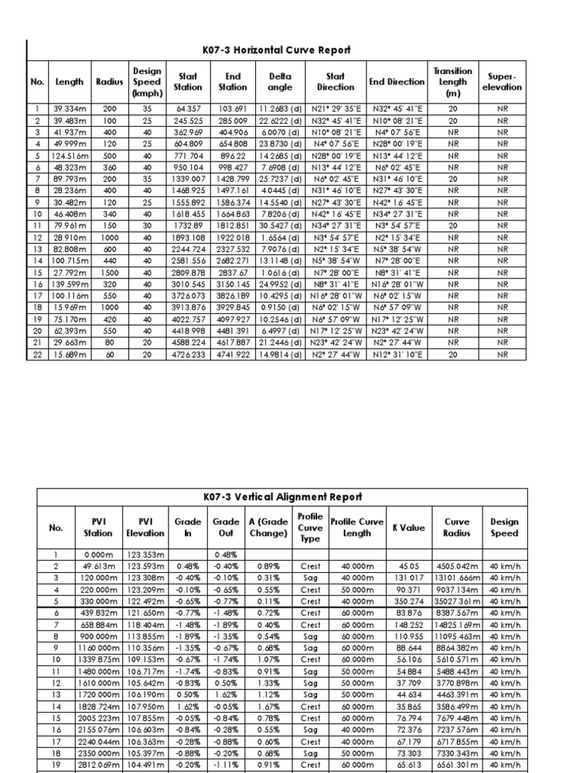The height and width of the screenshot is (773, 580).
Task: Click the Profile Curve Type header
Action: click(310, 528)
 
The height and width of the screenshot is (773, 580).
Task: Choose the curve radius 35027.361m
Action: click(457, 602)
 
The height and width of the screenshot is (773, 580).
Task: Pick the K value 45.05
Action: click(409, 566)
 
